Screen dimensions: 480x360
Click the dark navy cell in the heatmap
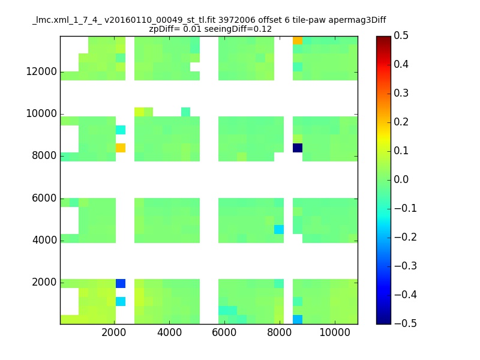click(x=298, y=148)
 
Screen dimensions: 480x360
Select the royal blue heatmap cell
click(x=121, y=283)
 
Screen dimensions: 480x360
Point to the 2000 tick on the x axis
click(x=114, y=332)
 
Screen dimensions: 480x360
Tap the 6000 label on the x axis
click(x=224, y=332)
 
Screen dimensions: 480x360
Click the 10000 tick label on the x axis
click(x=335, y=332)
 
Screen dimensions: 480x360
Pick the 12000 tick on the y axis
click(x=41, y=71)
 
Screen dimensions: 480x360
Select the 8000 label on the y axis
click(x=44, y=156)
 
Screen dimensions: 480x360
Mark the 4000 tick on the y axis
click(x=44, y=241)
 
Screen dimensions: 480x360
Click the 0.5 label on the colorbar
click(x=401, y=35)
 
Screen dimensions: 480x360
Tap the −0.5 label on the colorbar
click(x=406, y=323)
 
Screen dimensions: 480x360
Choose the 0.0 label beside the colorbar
click(x=401, y=179)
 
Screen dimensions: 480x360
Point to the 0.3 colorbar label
click(x=401, y=93)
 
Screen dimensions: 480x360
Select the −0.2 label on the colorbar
click(x=406, y=237)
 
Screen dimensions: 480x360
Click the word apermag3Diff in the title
click(x=357, y=20)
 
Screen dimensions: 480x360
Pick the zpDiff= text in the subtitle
click(x=164, y=29)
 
